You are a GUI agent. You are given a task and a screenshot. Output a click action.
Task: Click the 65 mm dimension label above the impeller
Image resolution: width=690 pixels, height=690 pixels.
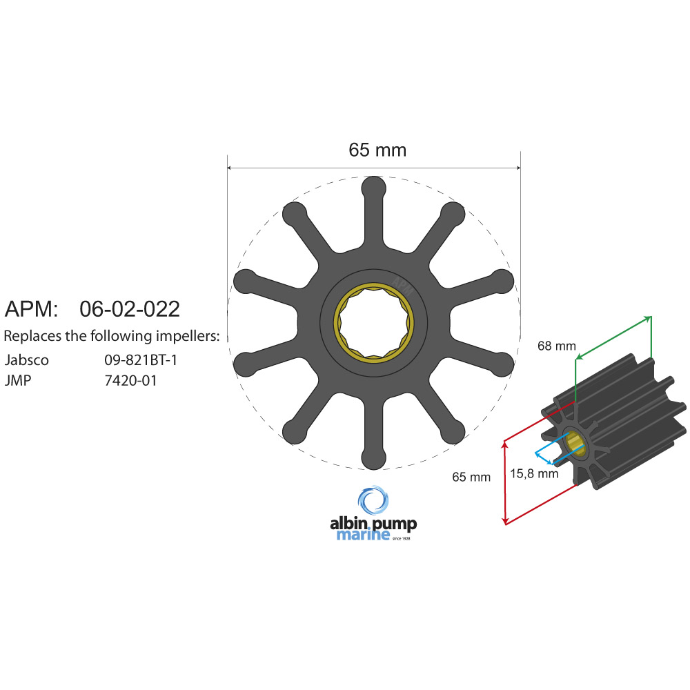[377, 150]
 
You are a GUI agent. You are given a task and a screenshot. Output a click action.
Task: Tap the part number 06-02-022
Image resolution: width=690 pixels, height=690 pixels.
[130, 308]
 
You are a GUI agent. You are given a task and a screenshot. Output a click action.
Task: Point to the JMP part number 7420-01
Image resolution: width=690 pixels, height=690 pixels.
[130, 379]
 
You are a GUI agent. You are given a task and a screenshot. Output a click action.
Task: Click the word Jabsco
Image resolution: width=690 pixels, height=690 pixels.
[27, 359]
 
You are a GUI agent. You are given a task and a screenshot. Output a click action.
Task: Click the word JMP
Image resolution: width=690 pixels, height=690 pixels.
[19, 379]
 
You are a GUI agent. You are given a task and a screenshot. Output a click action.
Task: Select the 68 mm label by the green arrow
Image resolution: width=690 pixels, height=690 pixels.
[556, 346]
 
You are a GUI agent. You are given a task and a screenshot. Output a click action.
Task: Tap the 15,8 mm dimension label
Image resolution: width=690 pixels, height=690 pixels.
[534, 473]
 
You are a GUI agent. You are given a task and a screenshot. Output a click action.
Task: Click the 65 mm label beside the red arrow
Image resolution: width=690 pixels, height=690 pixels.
[471, 476]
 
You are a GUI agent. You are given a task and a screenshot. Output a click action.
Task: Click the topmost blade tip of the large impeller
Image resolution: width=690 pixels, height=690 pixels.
[373, 188]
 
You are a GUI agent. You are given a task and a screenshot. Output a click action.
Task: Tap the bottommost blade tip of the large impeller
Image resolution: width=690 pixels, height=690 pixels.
[373, 457]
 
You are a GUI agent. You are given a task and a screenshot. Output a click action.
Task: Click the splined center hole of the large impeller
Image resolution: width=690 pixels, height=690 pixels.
[373, 322]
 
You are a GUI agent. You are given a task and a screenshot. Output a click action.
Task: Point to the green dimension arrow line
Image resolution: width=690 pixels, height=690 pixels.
[613, 337]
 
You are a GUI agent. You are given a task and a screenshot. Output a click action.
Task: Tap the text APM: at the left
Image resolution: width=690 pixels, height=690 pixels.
[32, 308]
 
